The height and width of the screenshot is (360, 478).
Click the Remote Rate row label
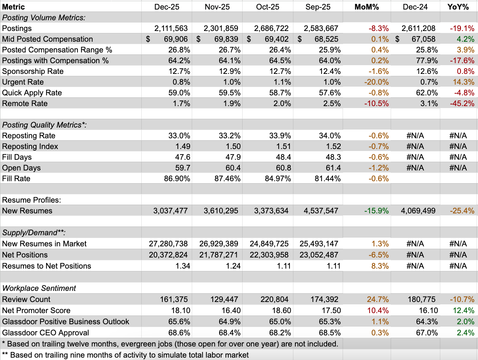coord(25,103)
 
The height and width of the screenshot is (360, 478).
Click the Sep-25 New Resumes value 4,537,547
coord(320,211)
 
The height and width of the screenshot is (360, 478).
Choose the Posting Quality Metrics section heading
coord(44,125)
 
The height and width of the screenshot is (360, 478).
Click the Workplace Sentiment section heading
coord(39,288)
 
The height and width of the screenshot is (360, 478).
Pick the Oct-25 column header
coord(267,7)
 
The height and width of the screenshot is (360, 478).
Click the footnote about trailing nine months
coord(125,355)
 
